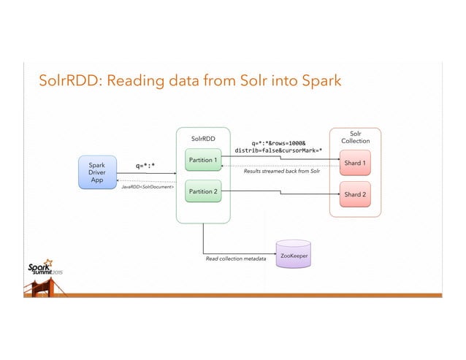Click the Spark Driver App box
(98, 172)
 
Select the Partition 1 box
(202, 159)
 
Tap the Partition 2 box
(202, 191)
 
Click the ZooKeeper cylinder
(293, 256)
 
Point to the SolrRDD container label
(203, 137)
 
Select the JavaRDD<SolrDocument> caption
(147, 188)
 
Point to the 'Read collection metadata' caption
(236, 259)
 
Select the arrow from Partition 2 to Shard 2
(278, 194)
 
